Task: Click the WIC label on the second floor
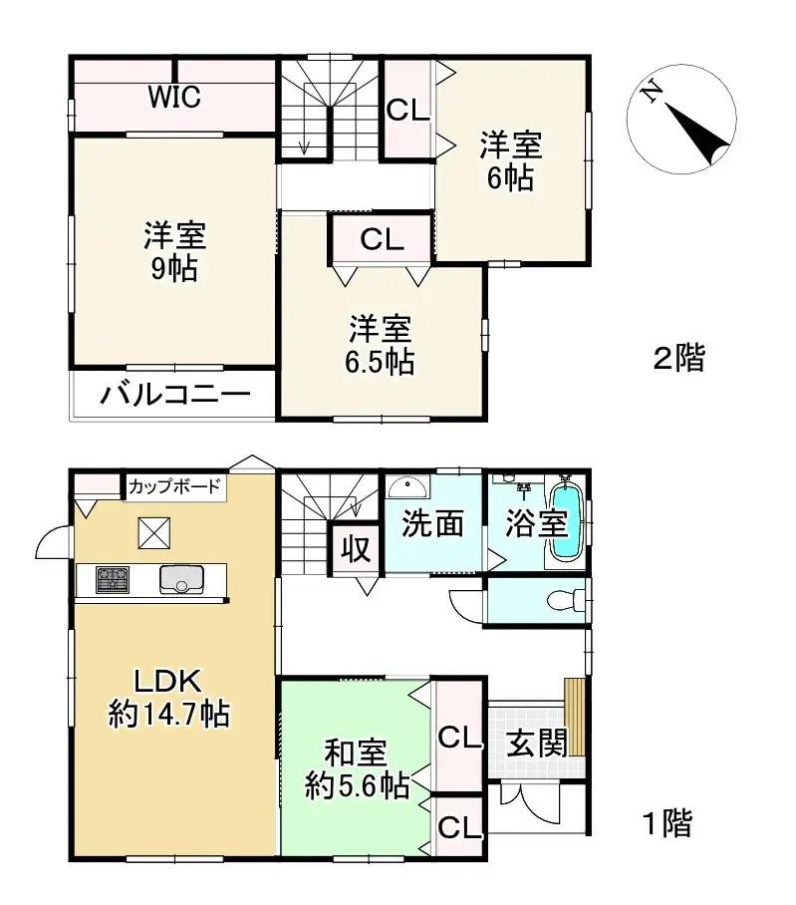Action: (x=175, y=98)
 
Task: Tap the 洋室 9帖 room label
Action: (x=174, y=252)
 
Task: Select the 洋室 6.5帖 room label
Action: (x=381, y=344)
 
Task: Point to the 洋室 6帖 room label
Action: (x=511, y=161)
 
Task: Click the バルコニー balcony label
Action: (x=173, y=396)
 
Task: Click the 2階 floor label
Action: (x=678, y=358)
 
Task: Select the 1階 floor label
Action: (x=664, y=823)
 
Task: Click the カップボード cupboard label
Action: (x=174, y=487)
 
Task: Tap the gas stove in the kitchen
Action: (x=112, y=579)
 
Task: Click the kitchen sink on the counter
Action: (x=181, y=579)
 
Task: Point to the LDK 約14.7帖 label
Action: (x=168, y=698)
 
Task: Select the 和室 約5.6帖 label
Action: (x=357, y=769)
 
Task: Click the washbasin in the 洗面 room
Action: (x=406, y=488)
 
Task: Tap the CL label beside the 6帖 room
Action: (x=407, y=110)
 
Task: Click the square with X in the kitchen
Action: (x=153, y=533)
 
